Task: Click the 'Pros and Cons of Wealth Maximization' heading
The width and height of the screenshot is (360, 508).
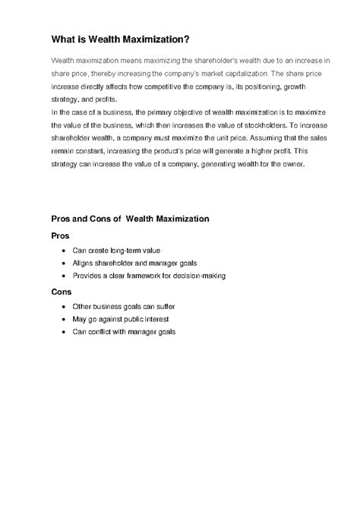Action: [x=130, y=219]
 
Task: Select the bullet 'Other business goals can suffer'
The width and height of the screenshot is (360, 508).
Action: [x=123, y=306]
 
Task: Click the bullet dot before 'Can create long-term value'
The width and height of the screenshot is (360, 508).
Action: [x=62, y=251]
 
